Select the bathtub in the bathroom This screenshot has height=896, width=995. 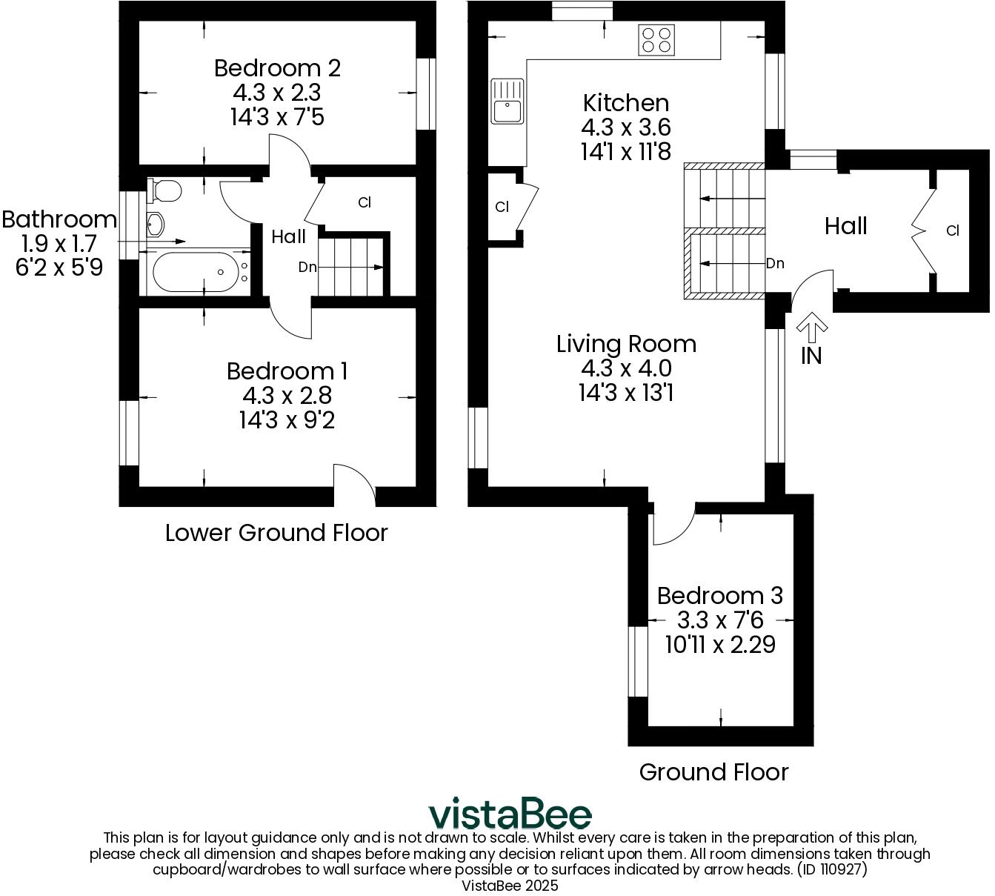pyautogui.click(x=195, y=273)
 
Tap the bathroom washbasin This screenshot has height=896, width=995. pyautogui.click(x=156, y=224)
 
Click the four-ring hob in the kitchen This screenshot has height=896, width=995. pyautogui.click(x=656, y=40)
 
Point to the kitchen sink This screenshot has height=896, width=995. pyautogui.click(x=507, y=102)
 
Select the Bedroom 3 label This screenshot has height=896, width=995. pyautogui.click(x=719, y=595)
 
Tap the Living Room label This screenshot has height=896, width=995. pyautogui.click(x=626, y=344)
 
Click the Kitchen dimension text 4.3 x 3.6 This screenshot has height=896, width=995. pyautogui.click(x=626, y=127)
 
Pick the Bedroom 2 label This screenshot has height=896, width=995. pyautogui.click(x=277, y=68)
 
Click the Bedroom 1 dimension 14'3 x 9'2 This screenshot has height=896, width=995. pyautogui.click(x=287, y=420)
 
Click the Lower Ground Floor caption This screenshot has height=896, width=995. pyautogui.click(x=276, y=533)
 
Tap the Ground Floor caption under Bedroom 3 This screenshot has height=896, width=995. pyautogui.click(x=713, y=772)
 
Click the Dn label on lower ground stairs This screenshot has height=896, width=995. pyautogui.click(x=307, y=268)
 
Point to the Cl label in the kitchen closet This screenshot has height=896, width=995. pyautogui.click(x=502, y=208)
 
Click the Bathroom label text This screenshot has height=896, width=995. pyautogui.click(x=59, y=219)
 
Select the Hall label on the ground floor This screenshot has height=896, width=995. pyautogui.click(x=845, y=226)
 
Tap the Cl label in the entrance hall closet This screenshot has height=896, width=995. pyautogui.click(x=952, y=231)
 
